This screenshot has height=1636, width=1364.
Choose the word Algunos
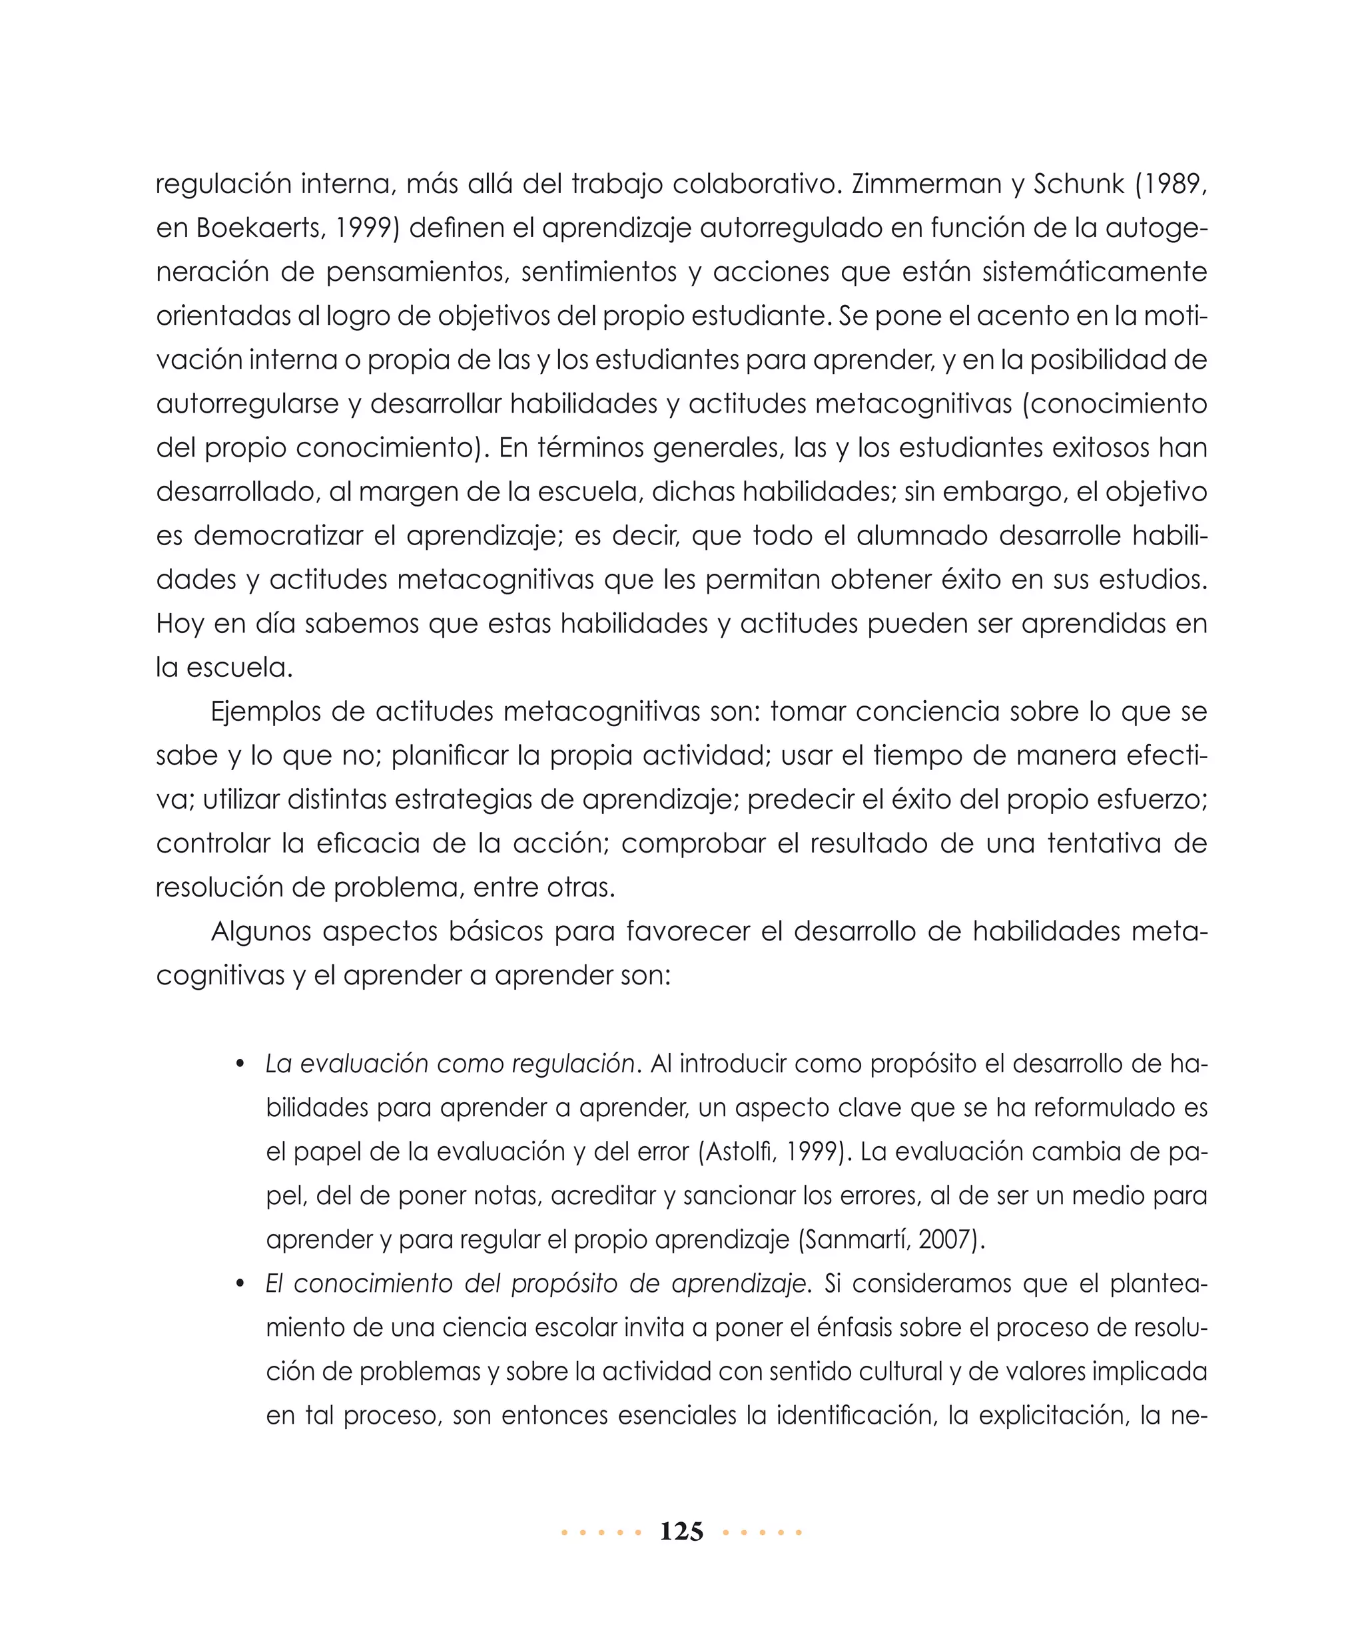point(260,932)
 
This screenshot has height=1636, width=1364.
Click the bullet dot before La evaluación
point(241,1064)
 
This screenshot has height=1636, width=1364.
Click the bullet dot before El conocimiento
point(241,1284)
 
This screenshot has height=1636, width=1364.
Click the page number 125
point(681,1532)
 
